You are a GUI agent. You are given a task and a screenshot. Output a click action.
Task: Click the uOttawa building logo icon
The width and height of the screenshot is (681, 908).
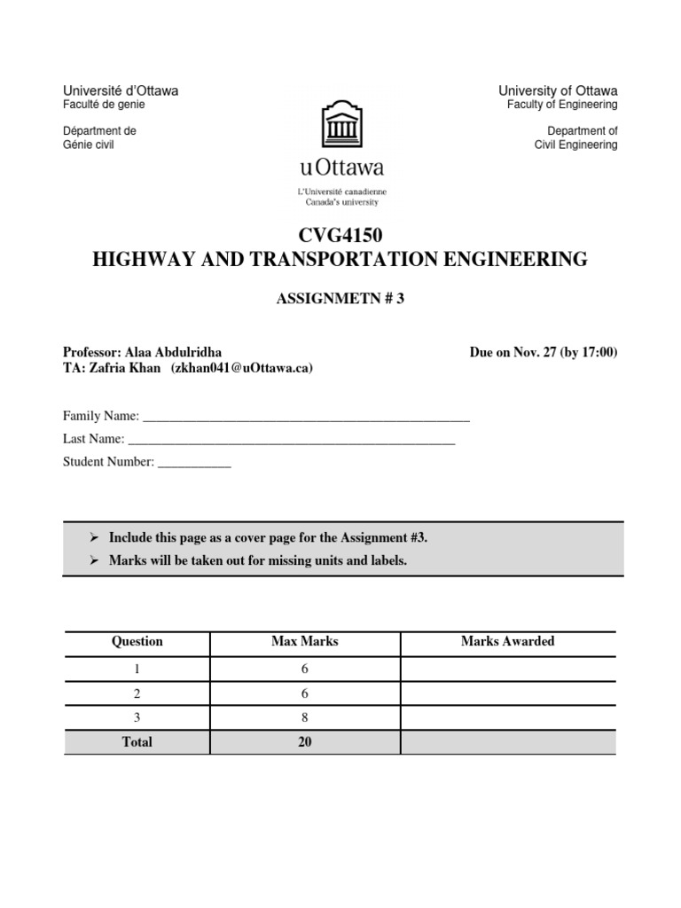(340, 123)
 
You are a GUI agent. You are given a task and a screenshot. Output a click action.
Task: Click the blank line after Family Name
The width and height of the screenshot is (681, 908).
(306, 417)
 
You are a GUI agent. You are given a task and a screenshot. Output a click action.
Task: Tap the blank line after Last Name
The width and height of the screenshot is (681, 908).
(292, 439)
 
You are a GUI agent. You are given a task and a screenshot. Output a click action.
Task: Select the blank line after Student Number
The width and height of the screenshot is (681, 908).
(194, 462)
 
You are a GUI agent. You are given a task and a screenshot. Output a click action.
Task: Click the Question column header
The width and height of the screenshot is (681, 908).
(137, 641)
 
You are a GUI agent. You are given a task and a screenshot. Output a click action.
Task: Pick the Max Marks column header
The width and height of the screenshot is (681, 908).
(304, 641)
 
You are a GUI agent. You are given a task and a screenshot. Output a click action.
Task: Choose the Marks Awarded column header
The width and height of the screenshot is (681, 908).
(507, 641)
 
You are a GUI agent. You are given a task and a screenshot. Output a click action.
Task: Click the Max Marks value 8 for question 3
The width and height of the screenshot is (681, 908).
(304, 717)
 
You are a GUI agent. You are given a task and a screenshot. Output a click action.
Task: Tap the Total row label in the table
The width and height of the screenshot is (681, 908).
(137, 742)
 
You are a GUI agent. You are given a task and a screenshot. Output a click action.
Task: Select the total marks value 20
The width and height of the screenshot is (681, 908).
(304, 742)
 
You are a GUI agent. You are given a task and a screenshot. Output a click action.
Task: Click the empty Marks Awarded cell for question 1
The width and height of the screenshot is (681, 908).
(507, 668)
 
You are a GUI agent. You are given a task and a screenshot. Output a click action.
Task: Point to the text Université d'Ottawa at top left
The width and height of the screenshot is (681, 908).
(120, 90)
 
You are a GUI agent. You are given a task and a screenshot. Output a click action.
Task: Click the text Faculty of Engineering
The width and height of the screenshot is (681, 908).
(562, 105)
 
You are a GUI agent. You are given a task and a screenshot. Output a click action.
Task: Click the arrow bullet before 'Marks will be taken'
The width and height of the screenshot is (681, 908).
(93, 561)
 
